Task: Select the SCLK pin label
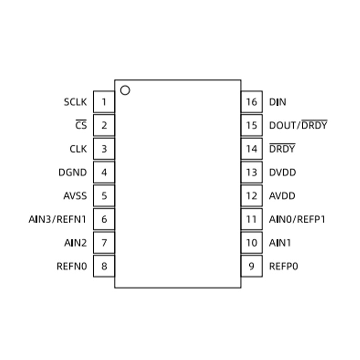(75, 102)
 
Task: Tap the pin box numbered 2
(104, 126)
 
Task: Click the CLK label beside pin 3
(78, 149)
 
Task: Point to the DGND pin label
(73, 172)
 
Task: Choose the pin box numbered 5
(104, 196)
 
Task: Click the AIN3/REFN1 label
(58, 219)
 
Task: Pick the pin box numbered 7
(104, 243)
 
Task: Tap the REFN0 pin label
(72, 266)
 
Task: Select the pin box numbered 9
(252, 266)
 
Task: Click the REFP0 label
(283, 266)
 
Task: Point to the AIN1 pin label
(280, 243)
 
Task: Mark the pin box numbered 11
(252, 219)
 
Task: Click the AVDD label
(282, 196)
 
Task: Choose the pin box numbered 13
(252, 172)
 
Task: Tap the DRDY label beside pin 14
(282, 148)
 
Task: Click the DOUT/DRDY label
(298, 125)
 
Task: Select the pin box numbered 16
(252, 102)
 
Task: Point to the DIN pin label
(278, 102)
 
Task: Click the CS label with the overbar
(81, 125)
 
